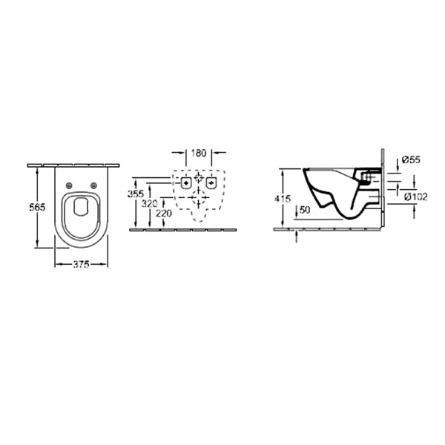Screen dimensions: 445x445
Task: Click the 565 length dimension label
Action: tap(37, 208)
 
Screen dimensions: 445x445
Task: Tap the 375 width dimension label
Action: tap(81, 265)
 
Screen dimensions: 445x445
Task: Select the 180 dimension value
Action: tap(198, 153)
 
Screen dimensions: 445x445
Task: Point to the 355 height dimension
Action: tap(136, 194)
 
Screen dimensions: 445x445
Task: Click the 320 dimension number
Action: tap(149, 203)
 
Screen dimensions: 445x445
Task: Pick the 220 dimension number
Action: tap(164, 213)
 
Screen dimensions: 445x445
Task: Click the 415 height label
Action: tap(283, 199)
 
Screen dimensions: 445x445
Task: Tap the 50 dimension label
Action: tap(305, 210)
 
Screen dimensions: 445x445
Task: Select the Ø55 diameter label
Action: tap(411, 159)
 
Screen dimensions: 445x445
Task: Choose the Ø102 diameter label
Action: tap(416, 197)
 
